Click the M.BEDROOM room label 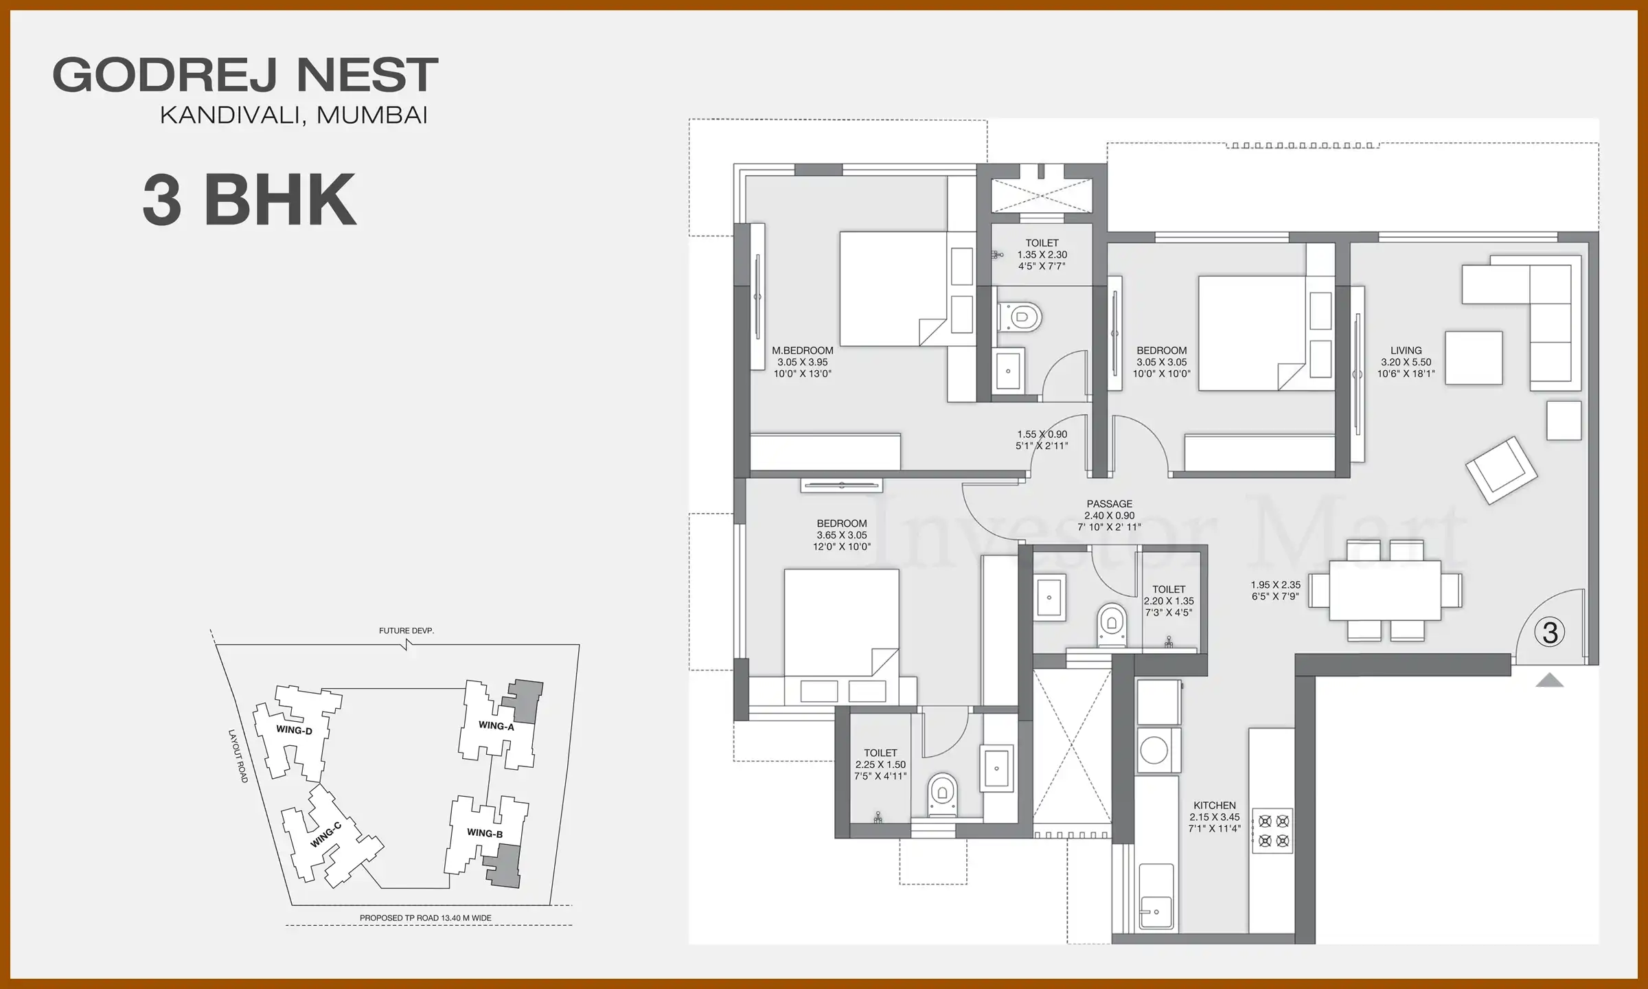tap(802, 351)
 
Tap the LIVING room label tap(1406, 351)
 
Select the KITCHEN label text tap(1214, 806)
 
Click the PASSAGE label tap(1109, 504)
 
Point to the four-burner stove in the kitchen tap(1272, 830)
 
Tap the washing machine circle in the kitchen tap(1154, 751)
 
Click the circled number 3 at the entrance tap(1550, 633)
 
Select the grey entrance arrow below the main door tap(1549, 681)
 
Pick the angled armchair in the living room tap(1500, 470)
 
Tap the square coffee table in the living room tap(1473, 358)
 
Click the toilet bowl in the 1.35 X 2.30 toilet tap(1021, 317)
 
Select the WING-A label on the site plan tap(496, 726)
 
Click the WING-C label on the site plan tap(325, 835)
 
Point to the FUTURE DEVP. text tap(406, 630)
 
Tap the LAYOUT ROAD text tap(238, 755)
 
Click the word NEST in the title tap(367, 75)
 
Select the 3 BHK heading tap(249, 200)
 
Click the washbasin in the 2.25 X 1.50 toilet tap(996, 768)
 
